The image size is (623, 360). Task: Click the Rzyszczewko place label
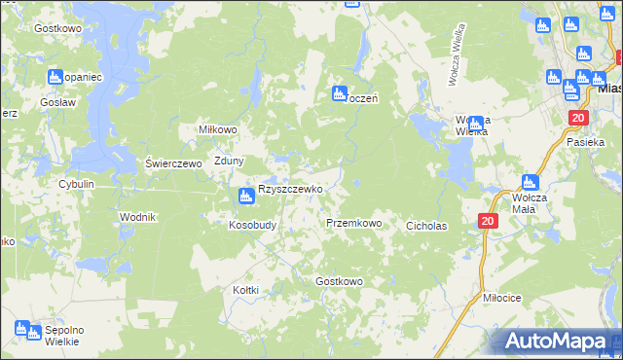[x=290, y=189]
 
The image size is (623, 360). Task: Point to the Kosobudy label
[x=253, y=224]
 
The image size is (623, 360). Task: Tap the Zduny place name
[x=229, y=162]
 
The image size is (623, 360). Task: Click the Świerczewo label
[x=172, y=163]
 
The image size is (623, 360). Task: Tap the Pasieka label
[x=586, y=142]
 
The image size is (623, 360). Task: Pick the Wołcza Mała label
[x=530, y=202]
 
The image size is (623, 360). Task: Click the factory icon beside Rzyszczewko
[x=245, y=197]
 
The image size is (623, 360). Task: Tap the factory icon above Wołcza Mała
[x=530, y=182]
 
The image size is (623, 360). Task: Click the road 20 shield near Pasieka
[x=578, y=118]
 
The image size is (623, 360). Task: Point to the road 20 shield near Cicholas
[x=488, y=222]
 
